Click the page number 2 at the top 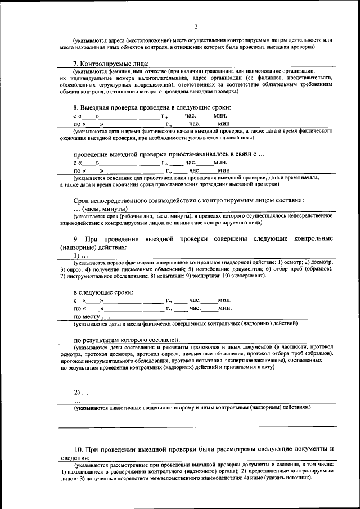pos(196,26)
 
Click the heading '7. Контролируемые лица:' pos(111,64)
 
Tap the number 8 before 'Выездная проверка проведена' pos(76,107)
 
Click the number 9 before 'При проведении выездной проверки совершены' pos(76,238)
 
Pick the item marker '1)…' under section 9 pos(81,255)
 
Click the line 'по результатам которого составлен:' pos(127,340)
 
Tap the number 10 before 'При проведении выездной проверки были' pos(79,449)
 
